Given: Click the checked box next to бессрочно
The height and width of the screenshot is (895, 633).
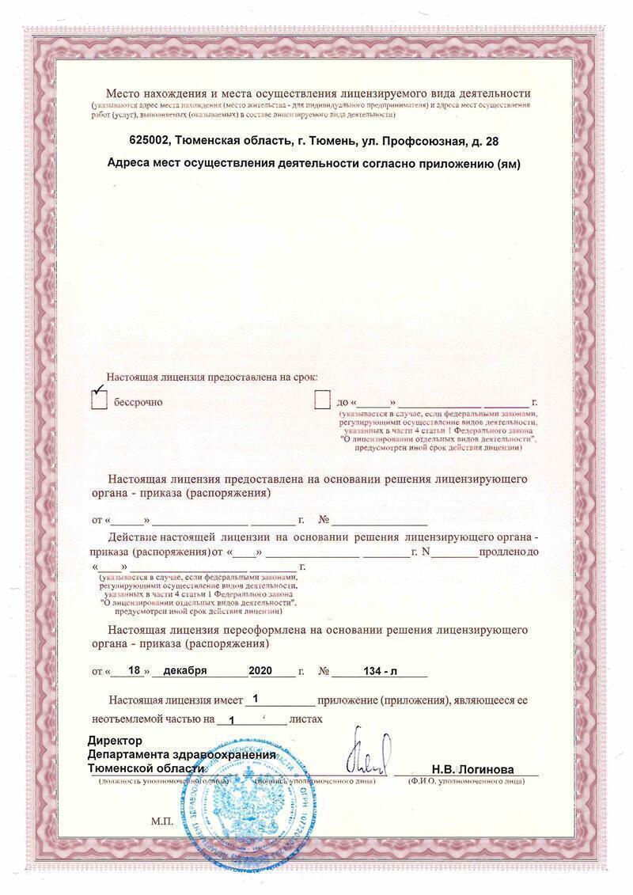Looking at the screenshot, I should pos(99,400).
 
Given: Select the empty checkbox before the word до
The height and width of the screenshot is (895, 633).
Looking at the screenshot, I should pos(321,400).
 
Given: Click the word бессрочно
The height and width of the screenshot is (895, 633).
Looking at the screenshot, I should pos(138,402).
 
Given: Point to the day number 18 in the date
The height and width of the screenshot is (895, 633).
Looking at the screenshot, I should pos(134,670).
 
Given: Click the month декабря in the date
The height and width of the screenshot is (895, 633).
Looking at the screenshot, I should pos(185,670).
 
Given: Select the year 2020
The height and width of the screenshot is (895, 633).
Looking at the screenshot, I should pos(260,670).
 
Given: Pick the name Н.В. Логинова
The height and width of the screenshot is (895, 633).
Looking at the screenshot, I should pos(472,769).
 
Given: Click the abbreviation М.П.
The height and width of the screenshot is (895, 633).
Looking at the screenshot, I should pos(161,822).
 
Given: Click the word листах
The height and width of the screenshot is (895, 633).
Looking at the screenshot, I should pos(306,719).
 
